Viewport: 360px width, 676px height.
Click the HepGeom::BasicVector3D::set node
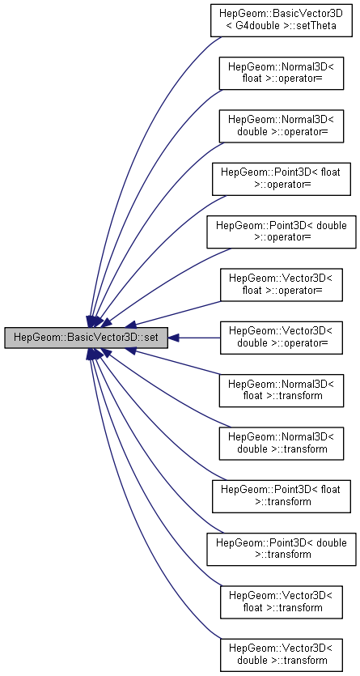tap(86, 338)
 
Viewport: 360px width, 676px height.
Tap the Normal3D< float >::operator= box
tap(282, 74)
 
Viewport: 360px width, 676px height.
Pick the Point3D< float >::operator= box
tap(281, 180)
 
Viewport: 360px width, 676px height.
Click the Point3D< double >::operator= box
tap(282, 232)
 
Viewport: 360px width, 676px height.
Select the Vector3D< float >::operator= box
tap(282, 285)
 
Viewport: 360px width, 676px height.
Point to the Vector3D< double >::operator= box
tap(282, 338)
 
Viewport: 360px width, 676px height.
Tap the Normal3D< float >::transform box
tap(282, 390)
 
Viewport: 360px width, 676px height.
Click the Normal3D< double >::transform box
tap(282, 444)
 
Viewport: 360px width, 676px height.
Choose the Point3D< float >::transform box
tap(281, 496)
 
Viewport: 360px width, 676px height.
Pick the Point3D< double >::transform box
tap(282, 549)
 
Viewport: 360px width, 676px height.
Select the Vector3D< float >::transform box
tap(282, 602)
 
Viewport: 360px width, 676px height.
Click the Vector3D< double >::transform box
tap(282, 655)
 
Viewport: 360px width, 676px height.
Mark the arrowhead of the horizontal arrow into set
tap(173, 338)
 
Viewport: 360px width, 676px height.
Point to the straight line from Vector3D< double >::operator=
tap(199, 338)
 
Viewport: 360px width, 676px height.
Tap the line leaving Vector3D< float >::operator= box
tap(178, 312)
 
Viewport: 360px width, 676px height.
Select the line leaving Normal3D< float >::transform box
tap(178, 363)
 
